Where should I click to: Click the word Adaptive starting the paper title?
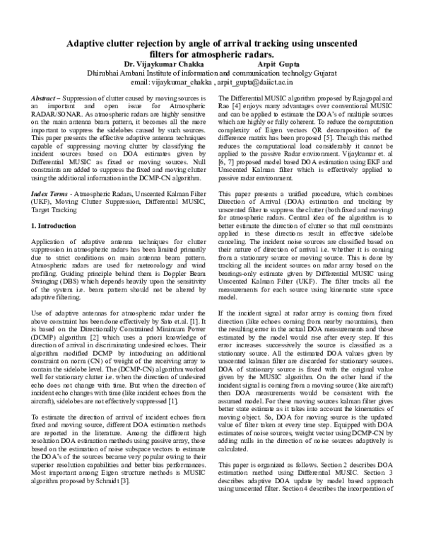click(x=88, y=43)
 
